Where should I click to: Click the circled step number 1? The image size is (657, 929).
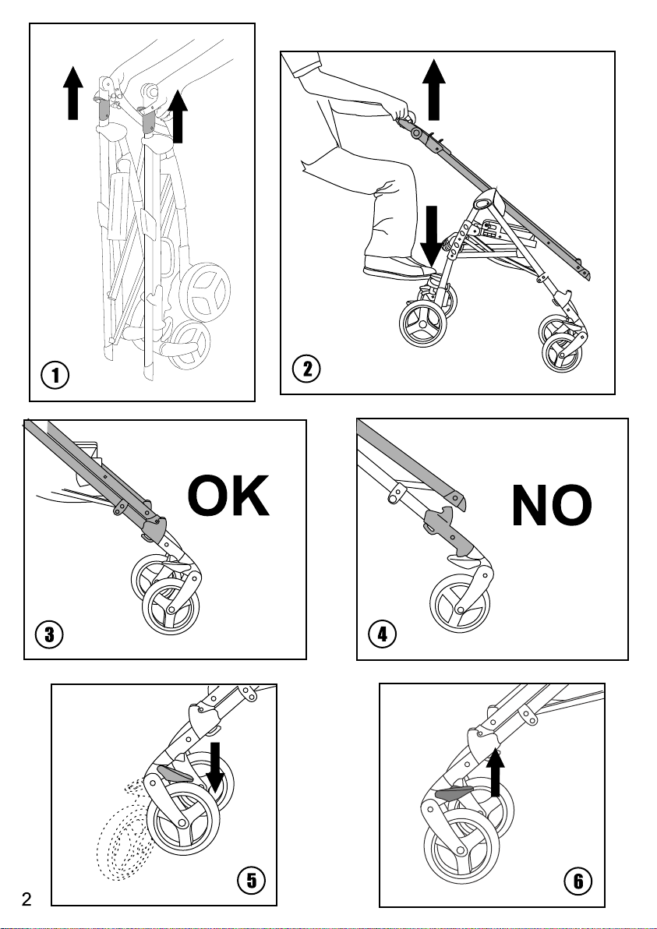pyautogui.click(x=55, y=375)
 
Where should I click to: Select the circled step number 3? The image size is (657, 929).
pyautogui.click(x=49, y=634)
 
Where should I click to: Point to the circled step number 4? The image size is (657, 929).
pyautogui.click(x=382, y=634)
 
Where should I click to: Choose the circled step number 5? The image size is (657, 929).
pyautogui.click(x=250, y=881)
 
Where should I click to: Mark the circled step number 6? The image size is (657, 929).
pyautogui.click(x=578, y=881)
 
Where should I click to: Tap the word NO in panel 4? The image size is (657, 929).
pyautogui.click(x=551, y=507)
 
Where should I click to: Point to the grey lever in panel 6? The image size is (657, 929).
pyautogui.click(x=454, y=793)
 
